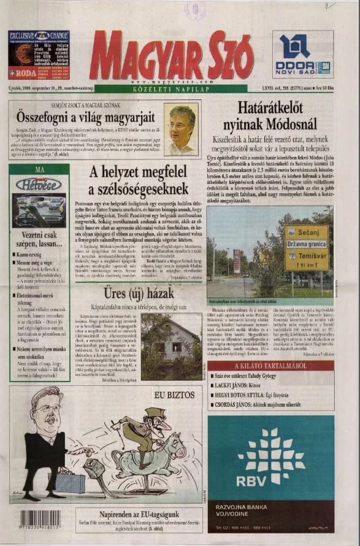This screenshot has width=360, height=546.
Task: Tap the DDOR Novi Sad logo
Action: click(302, 55)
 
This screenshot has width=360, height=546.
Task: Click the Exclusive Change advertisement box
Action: click(39, 55)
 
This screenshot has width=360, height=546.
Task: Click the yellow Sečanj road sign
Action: click(306, 234)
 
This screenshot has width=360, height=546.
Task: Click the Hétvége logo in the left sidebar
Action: click(39, 184)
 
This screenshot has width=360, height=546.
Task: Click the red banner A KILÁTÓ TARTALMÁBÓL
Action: click(270, 366)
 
